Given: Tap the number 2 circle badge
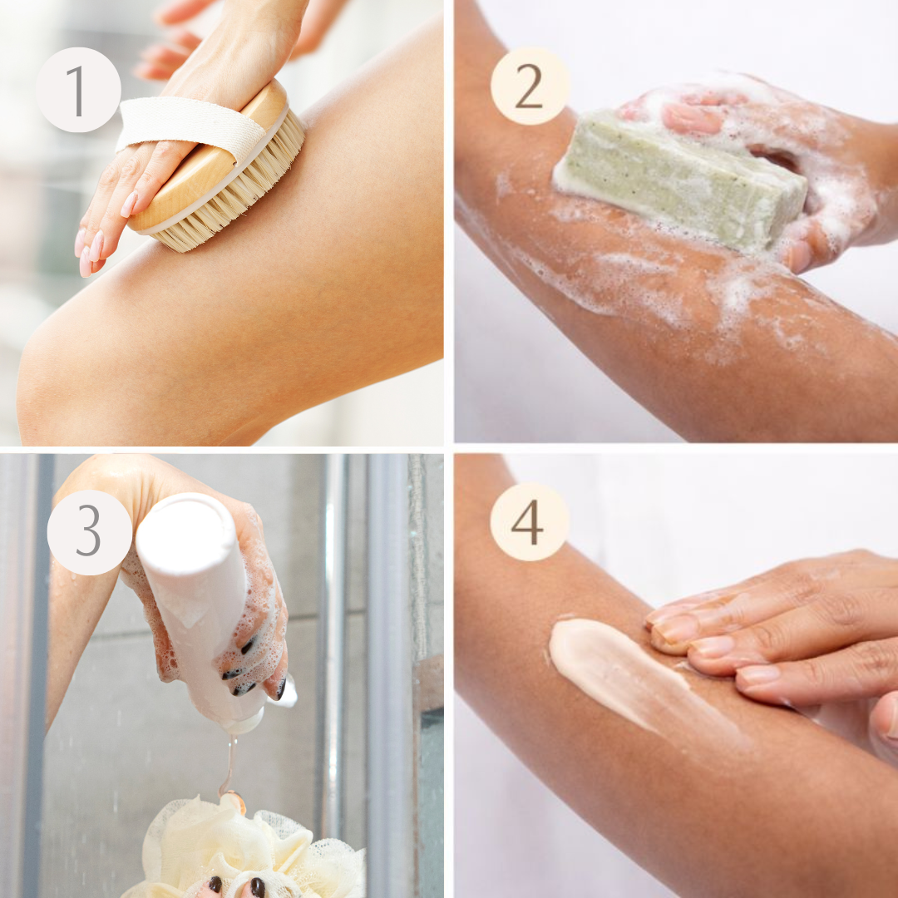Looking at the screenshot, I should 530,86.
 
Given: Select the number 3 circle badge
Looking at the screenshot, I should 89,532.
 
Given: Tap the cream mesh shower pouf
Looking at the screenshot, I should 249,848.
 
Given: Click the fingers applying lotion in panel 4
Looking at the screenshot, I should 748,640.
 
